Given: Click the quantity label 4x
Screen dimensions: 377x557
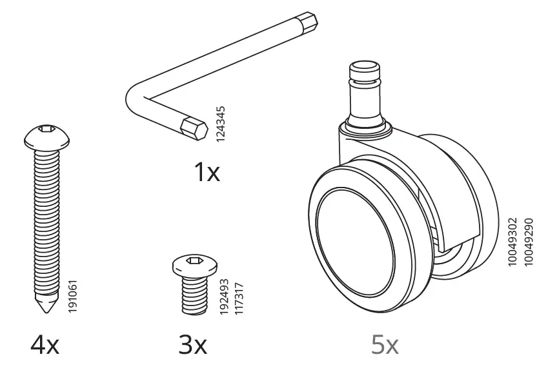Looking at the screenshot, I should pos(45,346).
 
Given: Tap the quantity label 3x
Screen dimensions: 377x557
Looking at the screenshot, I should pos(193,346).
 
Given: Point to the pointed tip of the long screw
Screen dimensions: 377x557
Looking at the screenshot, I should pos(43,308).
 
